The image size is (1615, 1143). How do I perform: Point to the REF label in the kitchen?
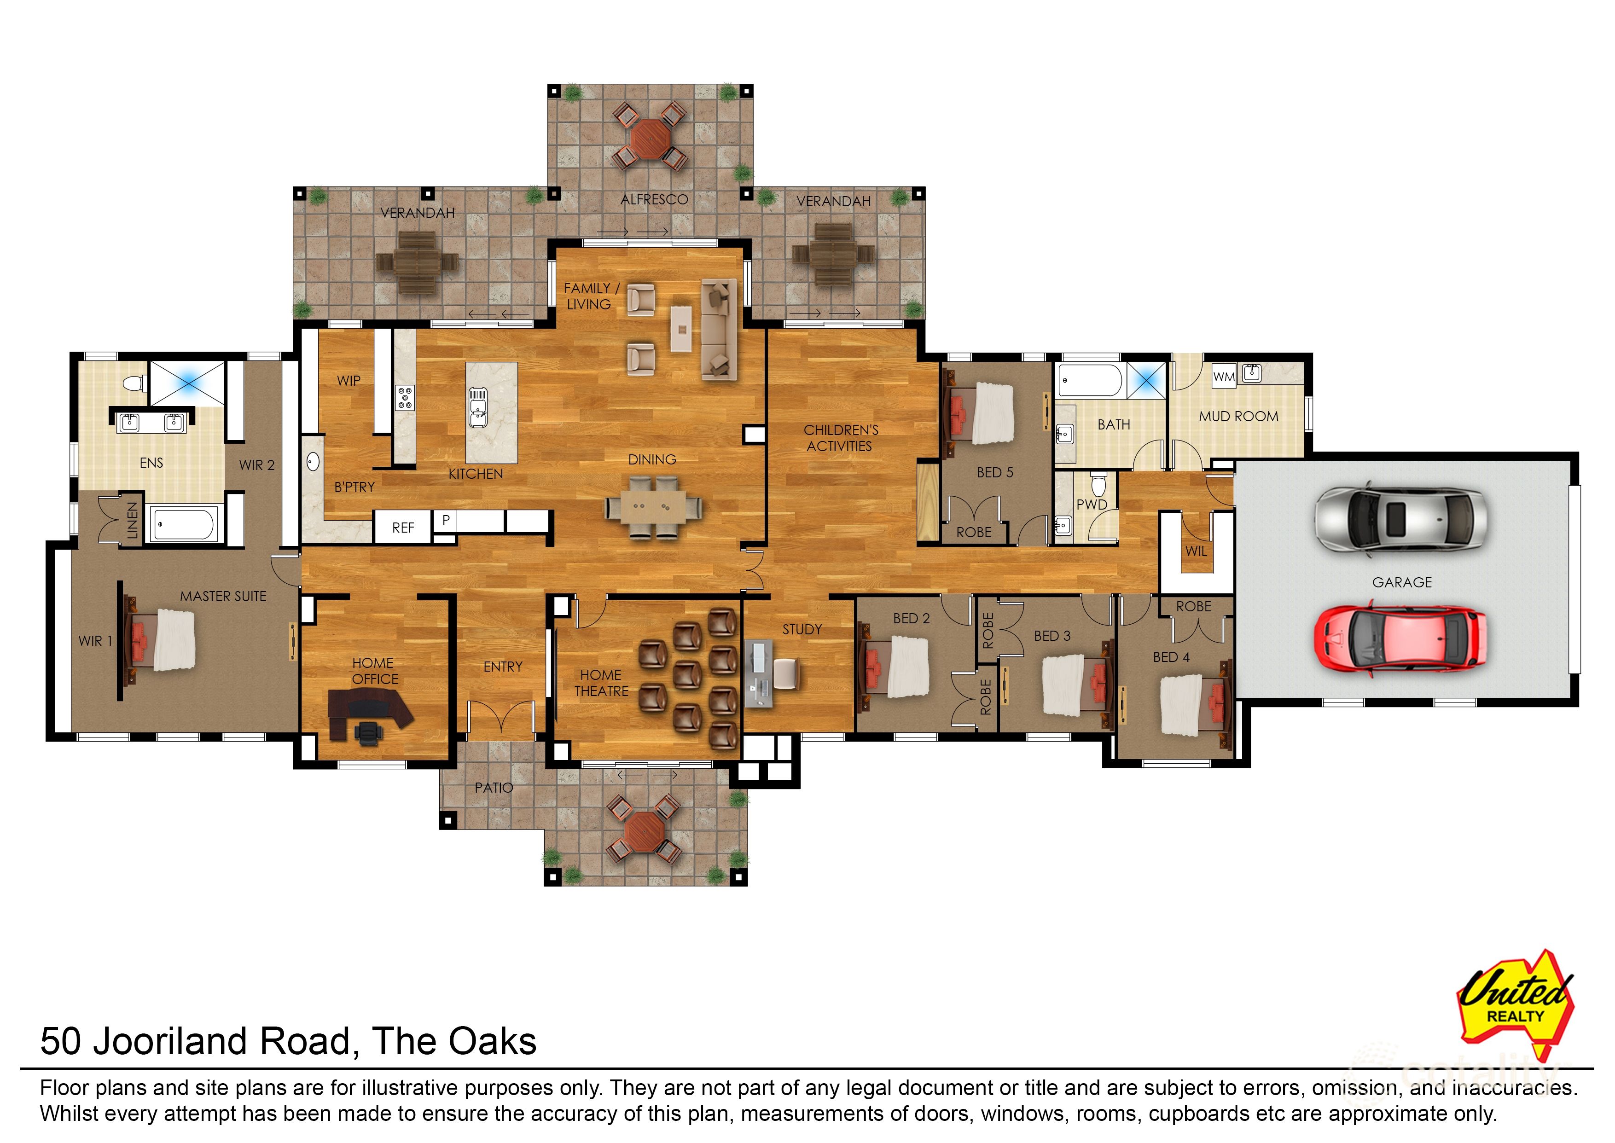click(x=403, y=528)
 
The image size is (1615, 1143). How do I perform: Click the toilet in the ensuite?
click(x=134, y=383)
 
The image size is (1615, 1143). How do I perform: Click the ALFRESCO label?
click(x=654, y=200)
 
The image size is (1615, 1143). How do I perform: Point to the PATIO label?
click(x=494, y=788)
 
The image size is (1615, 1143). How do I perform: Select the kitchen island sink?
click(x=477, y=408)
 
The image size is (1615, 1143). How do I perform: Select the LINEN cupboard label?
click(x=132, y=520)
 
